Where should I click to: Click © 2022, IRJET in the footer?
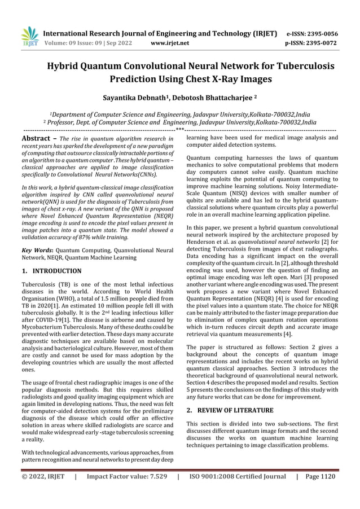pyautogui.click(x=44, y=476)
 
